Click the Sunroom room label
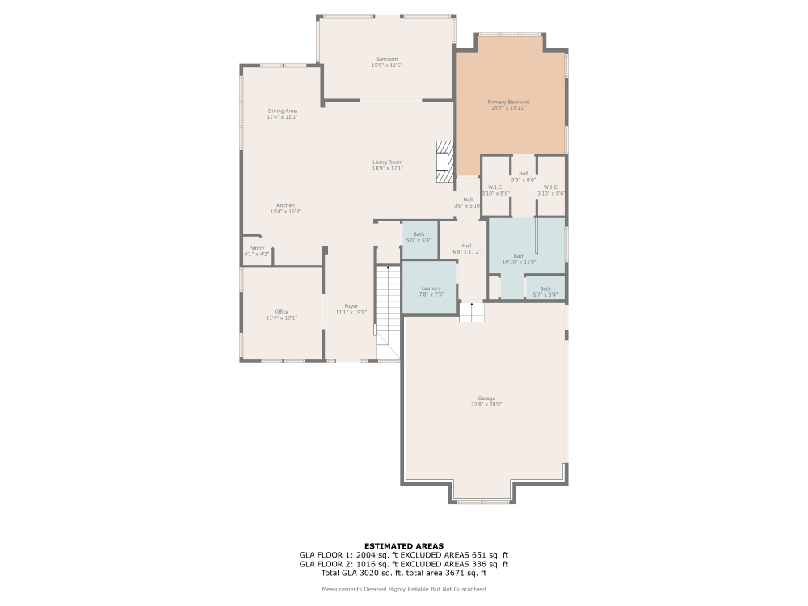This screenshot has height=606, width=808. (386, 59)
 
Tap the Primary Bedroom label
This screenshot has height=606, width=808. (508, 102)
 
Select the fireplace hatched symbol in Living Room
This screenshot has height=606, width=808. (444, 164)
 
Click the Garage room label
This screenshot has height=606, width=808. (486, 398)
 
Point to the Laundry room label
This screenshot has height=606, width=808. (431, 288)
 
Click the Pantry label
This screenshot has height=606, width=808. (256, 248)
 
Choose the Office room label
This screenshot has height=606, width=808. (281, 312)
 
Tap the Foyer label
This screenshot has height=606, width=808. (351, 306)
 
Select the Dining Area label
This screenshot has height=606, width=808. (282, 111)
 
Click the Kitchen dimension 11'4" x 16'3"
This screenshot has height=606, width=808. (285, 212)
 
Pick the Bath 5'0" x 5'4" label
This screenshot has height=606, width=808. (418, 234)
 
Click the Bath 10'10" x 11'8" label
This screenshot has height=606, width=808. (519, 256)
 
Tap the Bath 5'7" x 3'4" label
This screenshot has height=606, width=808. (545, 288)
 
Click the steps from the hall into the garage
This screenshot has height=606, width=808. (471, 312)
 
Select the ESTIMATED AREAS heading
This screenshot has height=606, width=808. (403, 545)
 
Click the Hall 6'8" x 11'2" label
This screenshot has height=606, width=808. (466, 246)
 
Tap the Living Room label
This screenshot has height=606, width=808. (387, 162)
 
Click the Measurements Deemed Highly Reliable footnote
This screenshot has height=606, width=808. (403, 589)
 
